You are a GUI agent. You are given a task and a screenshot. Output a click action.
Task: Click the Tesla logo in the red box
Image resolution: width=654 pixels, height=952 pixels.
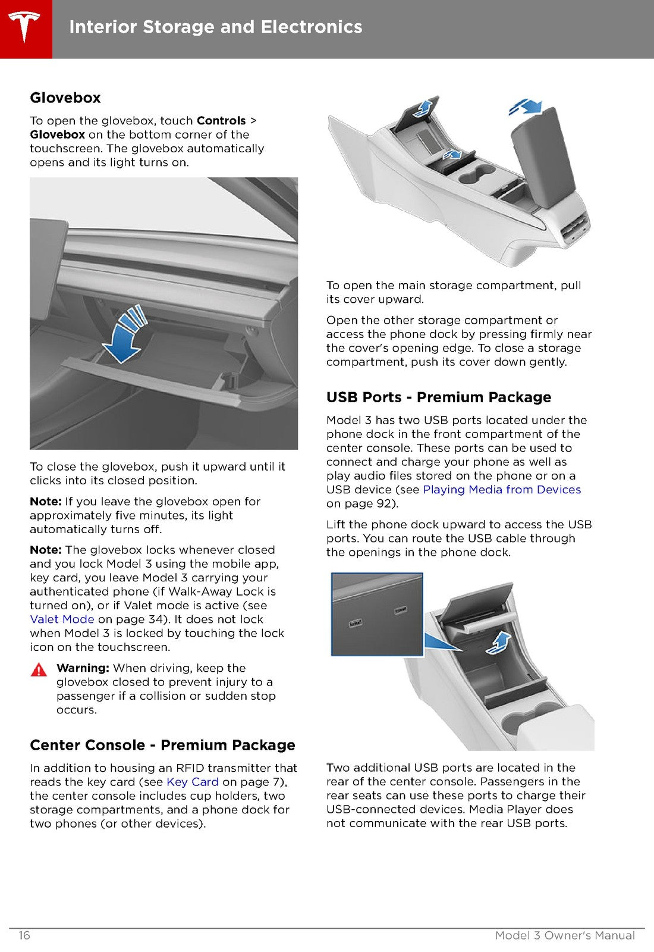click(x=24, y=27)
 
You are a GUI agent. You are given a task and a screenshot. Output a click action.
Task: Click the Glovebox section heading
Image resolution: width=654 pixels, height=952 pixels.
click(x=65, y=98)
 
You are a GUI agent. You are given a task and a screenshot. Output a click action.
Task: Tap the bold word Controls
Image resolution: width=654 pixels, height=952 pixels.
click(x=221, y=121)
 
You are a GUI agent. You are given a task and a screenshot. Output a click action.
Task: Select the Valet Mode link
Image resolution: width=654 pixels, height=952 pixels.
click(x=62, y=619)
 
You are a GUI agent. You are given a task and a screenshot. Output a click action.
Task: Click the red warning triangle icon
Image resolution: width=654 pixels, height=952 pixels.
click(x=39, y=670)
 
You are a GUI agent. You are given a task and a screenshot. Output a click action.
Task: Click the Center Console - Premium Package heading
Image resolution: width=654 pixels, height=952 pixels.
click(x=163, y=745)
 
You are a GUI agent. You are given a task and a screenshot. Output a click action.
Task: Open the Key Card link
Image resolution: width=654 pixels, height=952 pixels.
click(x=193, y=782)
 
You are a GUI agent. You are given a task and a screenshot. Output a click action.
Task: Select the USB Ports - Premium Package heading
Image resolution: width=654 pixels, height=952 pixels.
click(x=439, y=397)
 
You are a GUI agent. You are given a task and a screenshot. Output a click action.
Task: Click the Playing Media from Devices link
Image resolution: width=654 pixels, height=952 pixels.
click(x=502, y=490)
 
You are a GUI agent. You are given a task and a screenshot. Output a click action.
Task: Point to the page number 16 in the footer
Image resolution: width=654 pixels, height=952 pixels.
click(x=24, y=935)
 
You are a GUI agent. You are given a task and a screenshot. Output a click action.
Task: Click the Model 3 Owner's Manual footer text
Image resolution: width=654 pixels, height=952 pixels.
click(x=565, y=935)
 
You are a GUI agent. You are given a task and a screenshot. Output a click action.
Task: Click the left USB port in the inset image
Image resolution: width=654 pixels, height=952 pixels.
click(x=356, y=624)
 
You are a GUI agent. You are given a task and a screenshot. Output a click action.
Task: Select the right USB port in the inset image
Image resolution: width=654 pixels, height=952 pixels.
click(x=401, y=610)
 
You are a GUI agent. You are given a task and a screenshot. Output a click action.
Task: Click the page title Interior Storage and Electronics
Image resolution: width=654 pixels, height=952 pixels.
click(x=216, y=27)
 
